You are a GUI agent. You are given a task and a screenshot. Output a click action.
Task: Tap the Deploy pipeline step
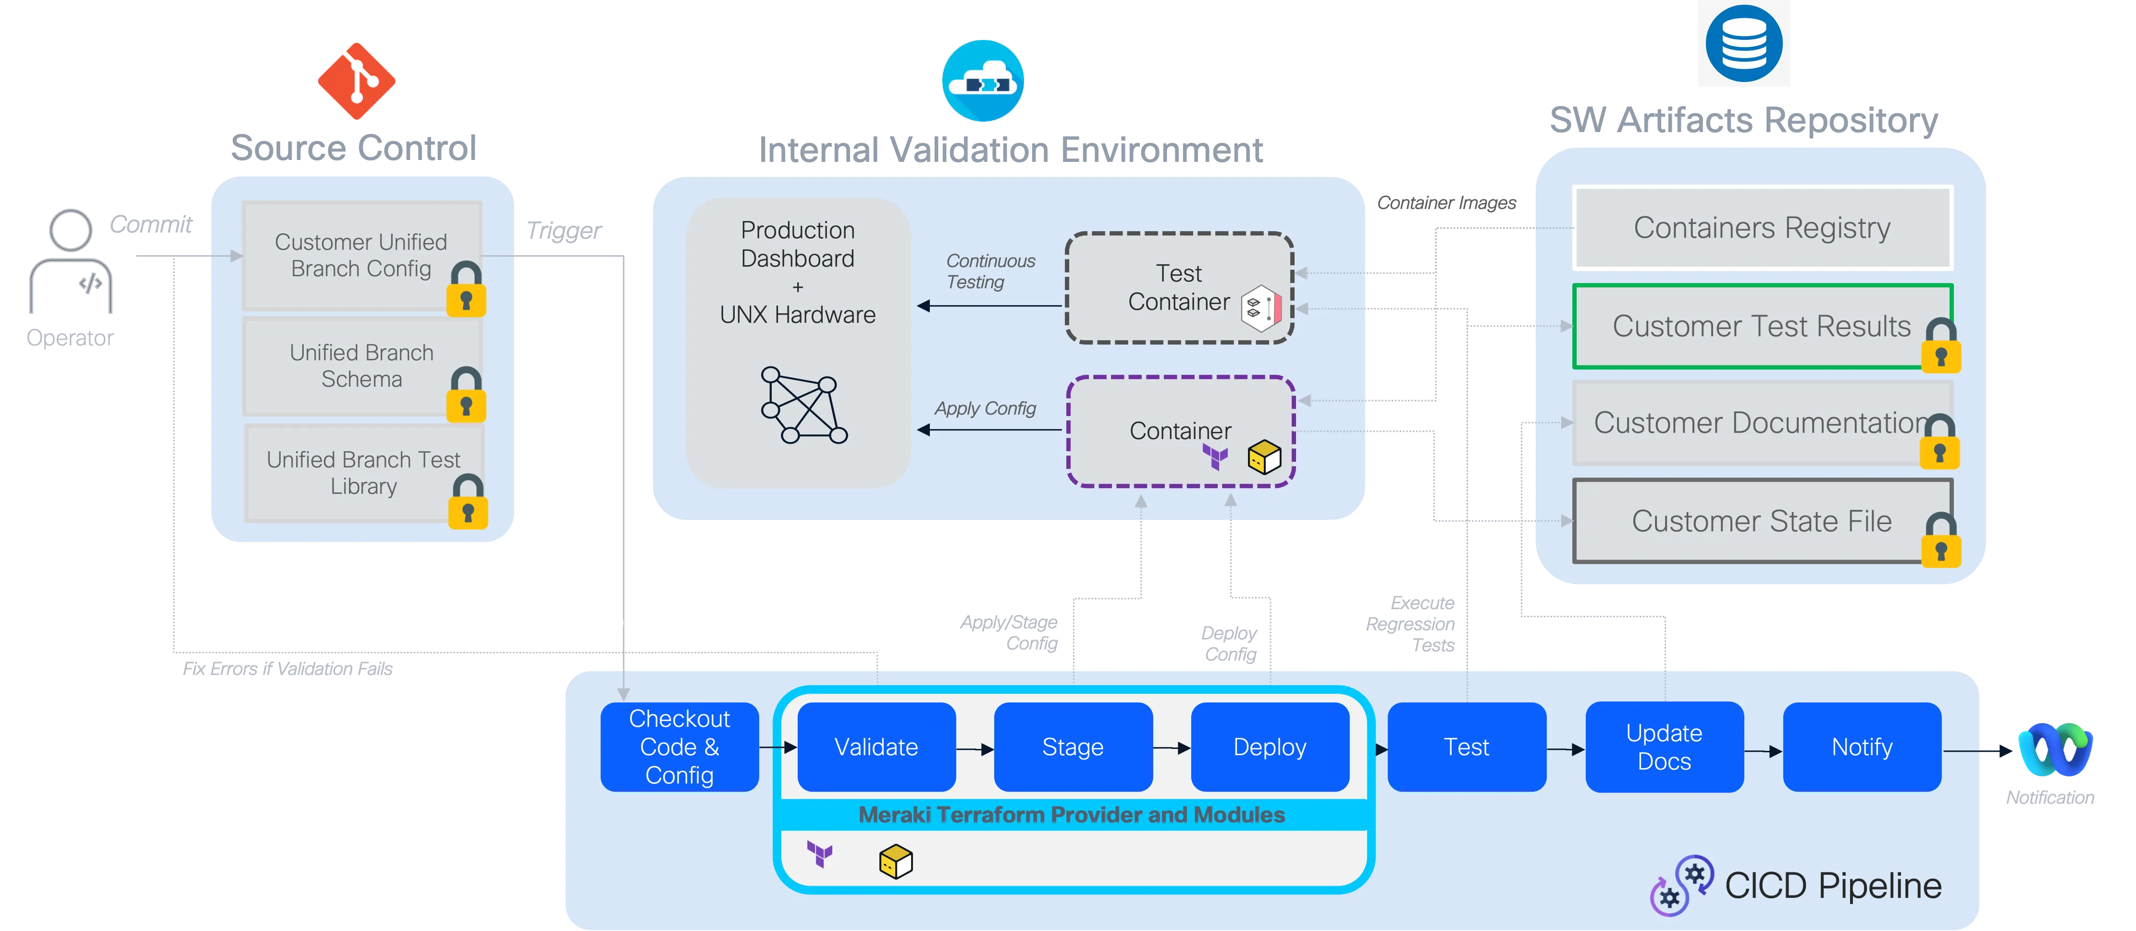tap(1270, 747)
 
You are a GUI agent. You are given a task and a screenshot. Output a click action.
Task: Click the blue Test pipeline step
tap(1466, 747)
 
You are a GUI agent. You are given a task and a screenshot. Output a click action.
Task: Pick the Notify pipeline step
tap(1862, 747)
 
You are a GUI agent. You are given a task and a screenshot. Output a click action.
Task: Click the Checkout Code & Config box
tap(679, 747)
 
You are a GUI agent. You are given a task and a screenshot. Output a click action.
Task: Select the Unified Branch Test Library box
tap(363, 473)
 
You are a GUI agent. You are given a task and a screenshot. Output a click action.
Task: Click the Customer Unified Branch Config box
tap(361, 256)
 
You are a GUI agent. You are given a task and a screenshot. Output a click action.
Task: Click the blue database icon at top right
tap(1743, 43)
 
